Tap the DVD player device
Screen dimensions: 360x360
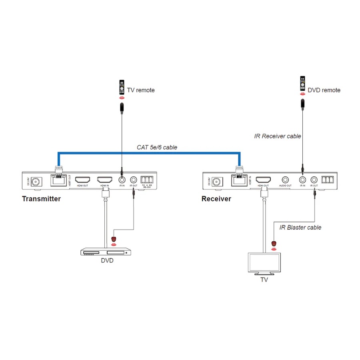[106, 252]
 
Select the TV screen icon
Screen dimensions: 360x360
[264, 263]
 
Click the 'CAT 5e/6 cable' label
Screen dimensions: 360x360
[157, 147]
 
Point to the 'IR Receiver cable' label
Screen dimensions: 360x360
[278, 136]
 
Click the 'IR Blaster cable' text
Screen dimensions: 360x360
[300, 227]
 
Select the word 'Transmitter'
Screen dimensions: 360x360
[41, 199]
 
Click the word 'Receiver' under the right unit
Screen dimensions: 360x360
[216, 199]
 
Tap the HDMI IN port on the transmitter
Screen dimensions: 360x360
[105, 180]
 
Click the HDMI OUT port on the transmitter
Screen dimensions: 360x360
[82, 180]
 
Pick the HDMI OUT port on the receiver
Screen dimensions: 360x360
[263, 180]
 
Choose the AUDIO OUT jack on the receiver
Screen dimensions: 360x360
[286, 180]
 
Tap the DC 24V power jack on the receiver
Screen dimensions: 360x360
[217, 181]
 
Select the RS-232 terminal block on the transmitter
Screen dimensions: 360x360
[147, 180]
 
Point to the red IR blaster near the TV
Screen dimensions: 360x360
[274, 243]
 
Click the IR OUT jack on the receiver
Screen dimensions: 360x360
[314, 180]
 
